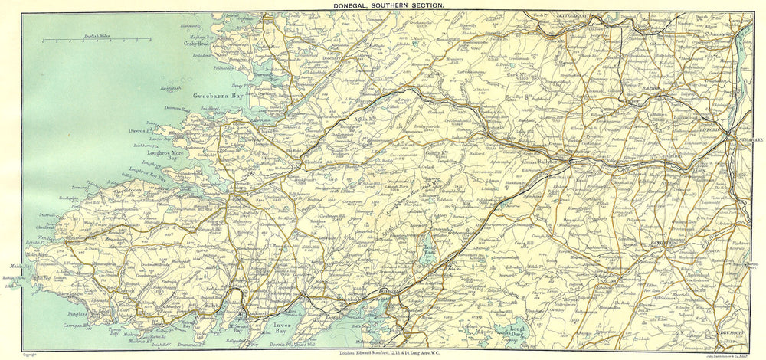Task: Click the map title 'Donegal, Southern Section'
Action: click(x=382, y=5)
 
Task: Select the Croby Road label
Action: click(x=197, y=44)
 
